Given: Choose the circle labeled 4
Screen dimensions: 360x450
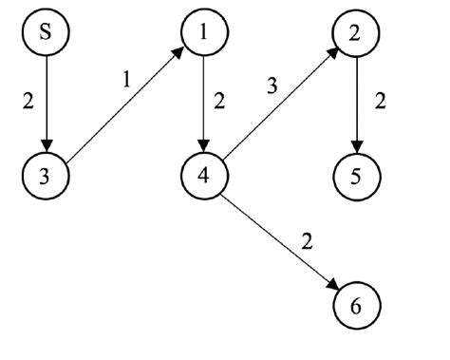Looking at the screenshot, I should click(x=202, y=176).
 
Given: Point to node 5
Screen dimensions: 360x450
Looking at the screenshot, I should click(x=355, y=176).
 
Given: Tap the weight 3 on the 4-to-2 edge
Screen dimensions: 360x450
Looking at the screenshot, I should click(x=272, y=85).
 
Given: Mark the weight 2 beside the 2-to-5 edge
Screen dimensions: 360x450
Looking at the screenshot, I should click(x=382, y=100).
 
